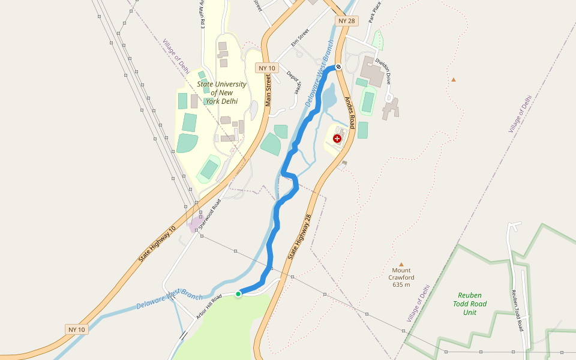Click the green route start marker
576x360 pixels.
238,293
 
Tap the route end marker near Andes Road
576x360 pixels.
338,67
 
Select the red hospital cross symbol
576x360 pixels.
337,139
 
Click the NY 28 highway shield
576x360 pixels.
346,21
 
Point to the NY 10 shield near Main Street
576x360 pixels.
266,68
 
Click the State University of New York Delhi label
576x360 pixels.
221,92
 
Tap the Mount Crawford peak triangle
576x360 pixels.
401,264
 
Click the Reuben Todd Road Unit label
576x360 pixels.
470,304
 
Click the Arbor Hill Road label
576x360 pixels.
209,305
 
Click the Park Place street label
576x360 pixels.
375,12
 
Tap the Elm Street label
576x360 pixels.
299,38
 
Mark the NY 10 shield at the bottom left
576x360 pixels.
77,329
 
